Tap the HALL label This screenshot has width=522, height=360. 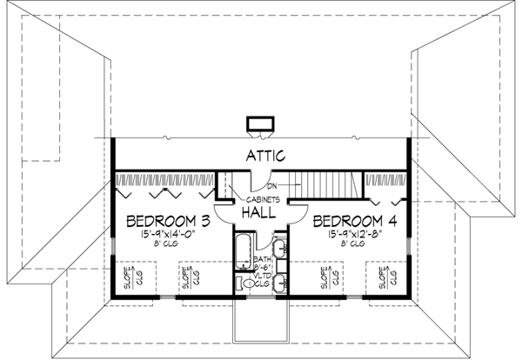[x=261, y=211]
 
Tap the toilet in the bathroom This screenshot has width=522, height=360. [x=248, y=283]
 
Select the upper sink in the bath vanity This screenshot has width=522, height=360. [x=278, y=246]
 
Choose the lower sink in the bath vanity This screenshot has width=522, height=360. [x=278, y=280]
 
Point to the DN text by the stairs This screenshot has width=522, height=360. [x=271, y=185]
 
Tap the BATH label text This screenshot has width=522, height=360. [x=261, y=260]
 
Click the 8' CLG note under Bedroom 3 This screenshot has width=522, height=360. [x=167, y=244]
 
